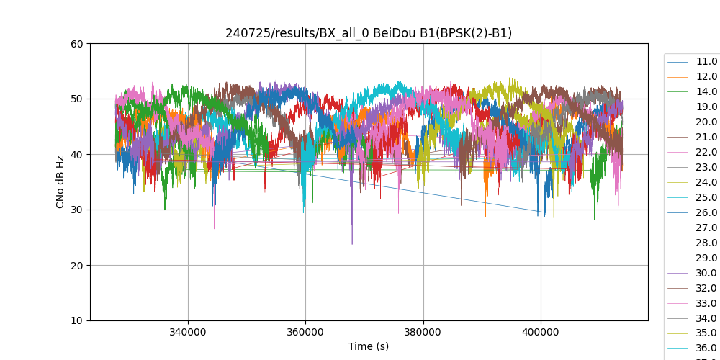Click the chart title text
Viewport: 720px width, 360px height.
[369, 33]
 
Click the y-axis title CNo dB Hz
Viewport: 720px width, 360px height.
[60, 182]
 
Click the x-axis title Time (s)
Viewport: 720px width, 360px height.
[369, 346]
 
